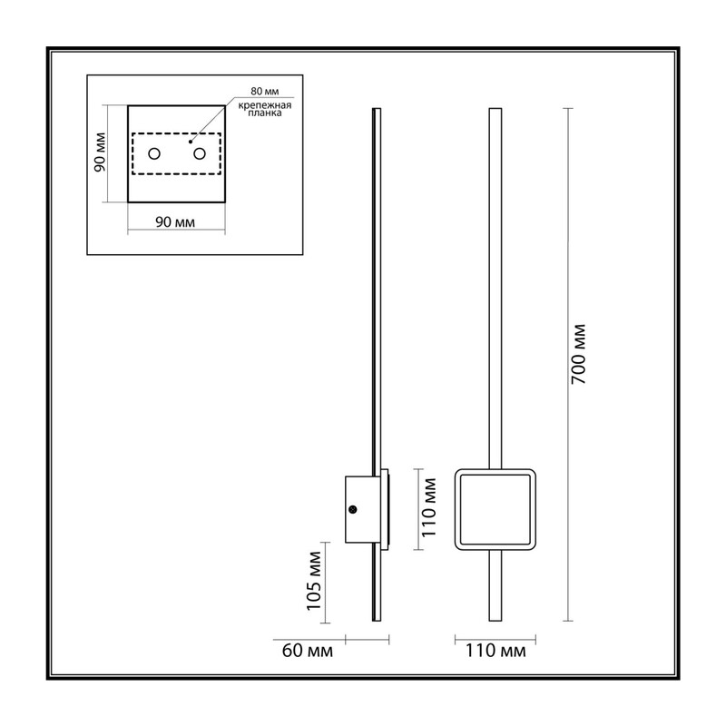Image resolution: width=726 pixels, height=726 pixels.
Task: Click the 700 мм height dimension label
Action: (x=578, y=354)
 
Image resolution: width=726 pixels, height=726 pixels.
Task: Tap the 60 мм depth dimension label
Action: (x=308, y=651)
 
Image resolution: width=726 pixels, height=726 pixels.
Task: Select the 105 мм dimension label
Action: (x=314, y=581)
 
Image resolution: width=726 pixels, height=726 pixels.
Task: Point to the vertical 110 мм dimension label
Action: (x=428, y=507)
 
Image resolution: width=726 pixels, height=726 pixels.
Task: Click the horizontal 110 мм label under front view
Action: (x=495, y=651)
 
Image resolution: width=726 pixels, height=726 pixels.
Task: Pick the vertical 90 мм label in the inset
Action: (x=100, y=152)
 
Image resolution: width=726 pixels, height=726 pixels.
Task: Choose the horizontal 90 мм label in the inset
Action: (x=175, y=222)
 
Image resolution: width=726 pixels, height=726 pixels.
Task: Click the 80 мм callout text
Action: (x=265, y=92)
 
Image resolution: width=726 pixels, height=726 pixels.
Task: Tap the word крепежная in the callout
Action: (x=265, y=105)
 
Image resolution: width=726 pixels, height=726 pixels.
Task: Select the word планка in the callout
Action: (x=265, y=113)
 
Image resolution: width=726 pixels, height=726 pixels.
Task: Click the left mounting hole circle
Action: (x=154, y=153)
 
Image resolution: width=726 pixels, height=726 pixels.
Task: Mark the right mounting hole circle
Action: (x=200, y=153)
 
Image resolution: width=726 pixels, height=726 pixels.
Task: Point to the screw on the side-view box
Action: (x=353, y=509)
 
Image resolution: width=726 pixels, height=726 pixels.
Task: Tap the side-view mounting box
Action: (x=358, y=509)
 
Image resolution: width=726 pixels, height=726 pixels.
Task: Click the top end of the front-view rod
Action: (x=495, y=109)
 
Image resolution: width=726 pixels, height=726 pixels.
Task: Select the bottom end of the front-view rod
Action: (x=495, y=621)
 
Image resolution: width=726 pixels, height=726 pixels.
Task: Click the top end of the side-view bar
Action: (x=377, y=109)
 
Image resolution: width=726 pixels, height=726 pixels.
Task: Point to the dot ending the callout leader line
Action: (x=191, y=142)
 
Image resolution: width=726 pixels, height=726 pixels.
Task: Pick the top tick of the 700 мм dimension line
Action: (x=568, y=108)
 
